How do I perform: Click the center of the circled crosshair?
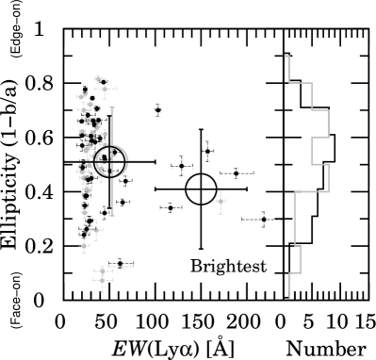point(111,161)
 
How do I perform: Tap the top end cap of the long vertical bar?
point(112,107)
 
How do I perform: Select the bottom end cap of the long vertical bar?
point(112,215)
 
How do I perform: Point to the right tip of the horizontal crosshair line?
point(155,160)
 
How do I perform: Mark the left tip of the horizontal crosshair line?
point(65,160)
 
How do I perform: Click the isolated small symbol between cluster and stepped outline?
point(221,201)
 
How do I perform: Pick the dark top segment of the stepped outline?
point(283,41)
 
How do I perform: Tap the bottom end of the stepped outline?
point(288,298)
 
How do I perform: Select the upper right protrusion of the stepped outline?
point(328,123)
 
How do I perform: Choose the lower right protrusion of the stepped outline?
point(328,178)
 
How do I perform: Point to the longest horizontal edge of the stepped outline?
point(311,192)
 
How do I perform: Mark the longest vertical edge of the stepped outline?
point(295,219)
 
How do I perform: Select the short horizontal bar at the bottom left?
point(122,267)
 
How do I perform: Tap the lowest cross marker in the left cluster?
point(103,280)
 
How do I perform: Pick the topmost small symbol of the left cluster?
point(98,79)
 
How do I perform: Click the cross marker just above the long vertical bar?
point(105,90)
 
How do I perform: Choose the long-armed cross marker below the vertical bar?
point(96,230)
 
